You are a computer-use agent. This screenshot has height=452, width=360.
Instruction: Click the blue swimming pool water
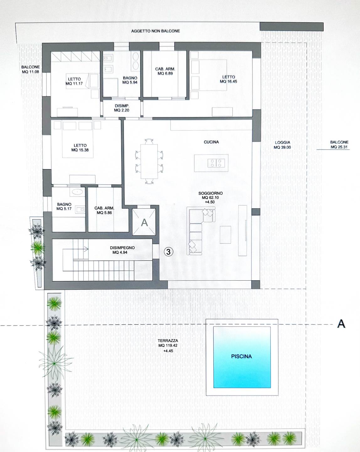click(x=242, y=357)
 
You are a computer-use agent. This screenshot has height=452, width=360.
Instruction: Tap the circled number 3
click(x=168, y=251)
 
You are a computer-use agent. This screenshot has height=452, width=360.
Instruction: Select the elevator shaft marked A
click(x=144, y=222)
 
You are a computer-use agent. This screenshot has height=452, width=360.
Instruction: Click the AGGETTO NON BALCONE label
click(x=156, y=31)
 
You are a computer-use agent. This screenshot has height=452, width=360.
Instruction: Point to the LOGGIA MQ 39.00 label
click(x=282, y=145)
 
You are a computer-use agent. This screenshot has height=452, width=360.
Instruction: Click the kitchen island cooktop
click(x=216, y=163)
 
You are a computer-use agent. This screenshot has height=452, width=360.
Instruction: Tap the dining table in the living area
click(x=149, y=162)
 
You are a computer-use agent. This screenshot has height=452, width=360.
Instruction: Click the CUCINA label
click(x=211, y=142)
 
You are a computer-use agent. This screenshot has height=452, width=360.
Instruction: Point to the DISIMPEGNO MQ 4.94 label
click(x=122, y=250)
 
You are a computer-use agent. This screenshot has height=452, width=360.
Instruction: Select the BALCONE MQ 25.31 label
click(x=339, y=144)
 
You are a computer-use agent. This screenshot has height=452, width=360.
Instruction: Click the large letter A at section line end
click(x=341, y=324)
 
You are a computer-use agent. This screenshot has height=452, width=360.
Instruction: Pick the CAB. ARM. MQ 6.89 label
click(x=165, y=71)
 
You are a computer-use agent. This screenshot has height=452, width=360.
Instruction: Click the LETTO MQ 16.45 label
click(x=228, y=79)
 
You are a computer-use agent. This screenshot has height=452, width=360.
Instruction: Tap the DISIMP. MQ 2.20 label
click(x=122, y=108)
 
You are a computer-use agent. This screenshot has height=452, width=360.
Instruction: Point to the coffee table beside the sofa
click(x=225, y=234)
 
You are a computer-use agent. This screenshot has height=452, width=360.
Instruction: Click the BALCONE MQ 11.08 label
click(x=30, y=69)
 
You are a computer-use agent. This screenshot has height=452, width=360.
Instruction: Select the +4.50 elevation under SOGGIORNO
click(x=210, y=202)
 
